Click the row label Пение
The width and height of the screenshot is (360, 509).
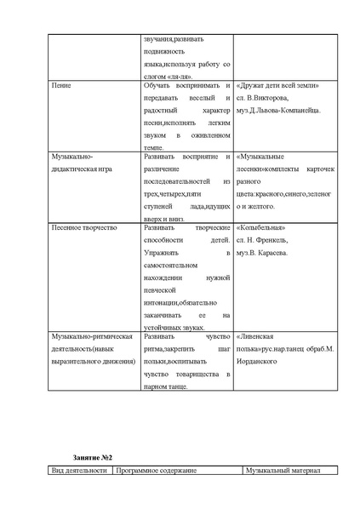pos(61,87)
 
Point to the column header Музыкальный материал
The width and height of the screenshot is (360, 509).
pos(282,471)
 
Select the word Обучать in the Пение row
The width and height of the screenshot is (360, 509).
pos(159,87)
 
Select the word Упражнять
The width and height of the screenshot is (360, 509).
pos(163,253)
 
